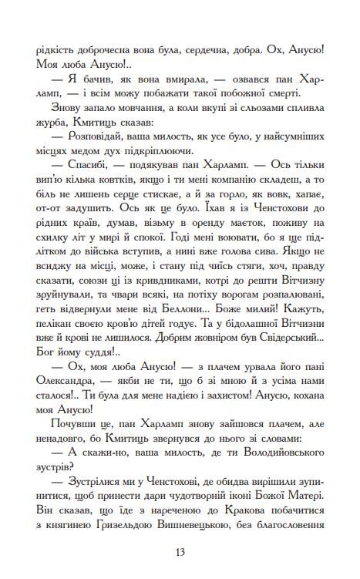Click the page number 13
click(180, 550)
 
